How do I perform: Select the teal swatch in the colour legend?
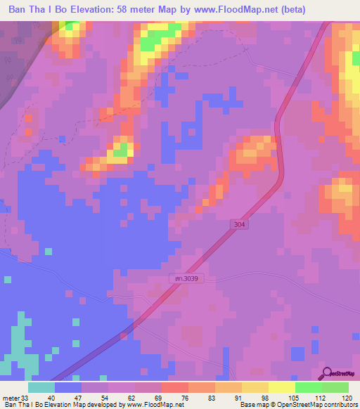[41, 387]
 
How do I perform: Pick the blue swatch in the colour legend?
[68, 387]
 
